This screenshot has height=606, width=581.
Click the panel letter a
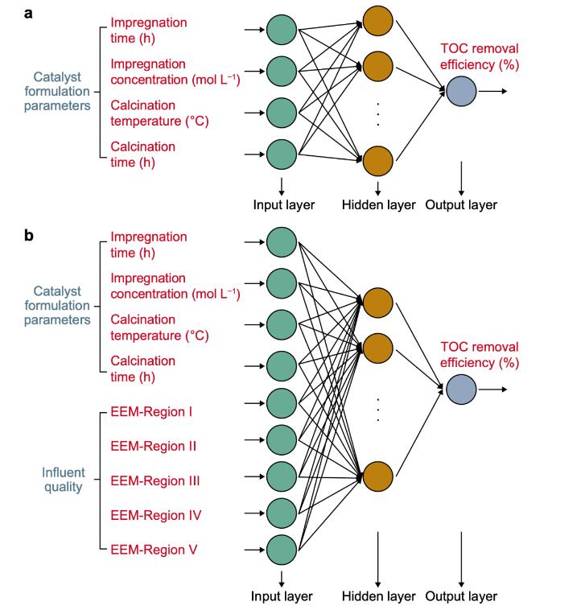pyautogui.click(x=27, y=13)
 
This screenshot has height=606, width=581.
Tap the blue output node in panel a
pyautogui.click(x=461, y=92)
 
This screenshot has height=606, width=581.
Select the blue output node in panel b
pyautogui.click(x=461, y=390)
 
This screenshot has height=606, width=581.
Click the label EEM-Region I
pyautogui.click(x=150, y=412)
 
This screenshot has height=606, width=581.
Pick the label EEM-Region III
pyautogui.click(x=155, y=480)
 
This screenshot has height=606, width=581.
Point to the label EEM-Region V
pyautogui.click(x=153, y=550)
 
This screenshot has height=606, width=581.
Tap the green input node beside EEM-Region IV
pyautogui.click(x=282, y=513)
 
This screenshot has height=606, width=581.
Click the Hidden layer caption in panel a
pyautogui.click(x=377, y=204)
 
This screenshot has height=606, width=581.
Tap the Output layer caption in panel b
pyautogui.click(x=461, y=596)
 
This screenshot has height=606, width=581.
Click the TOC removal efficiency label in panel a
pyautogui.click(x=478, y=56)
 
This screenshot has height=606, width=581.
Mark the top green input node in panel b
pyautogui.click(x=282, y=241)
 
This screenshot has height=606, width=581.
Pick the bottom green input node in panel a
pyautogui.click(x=282, y=153)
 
